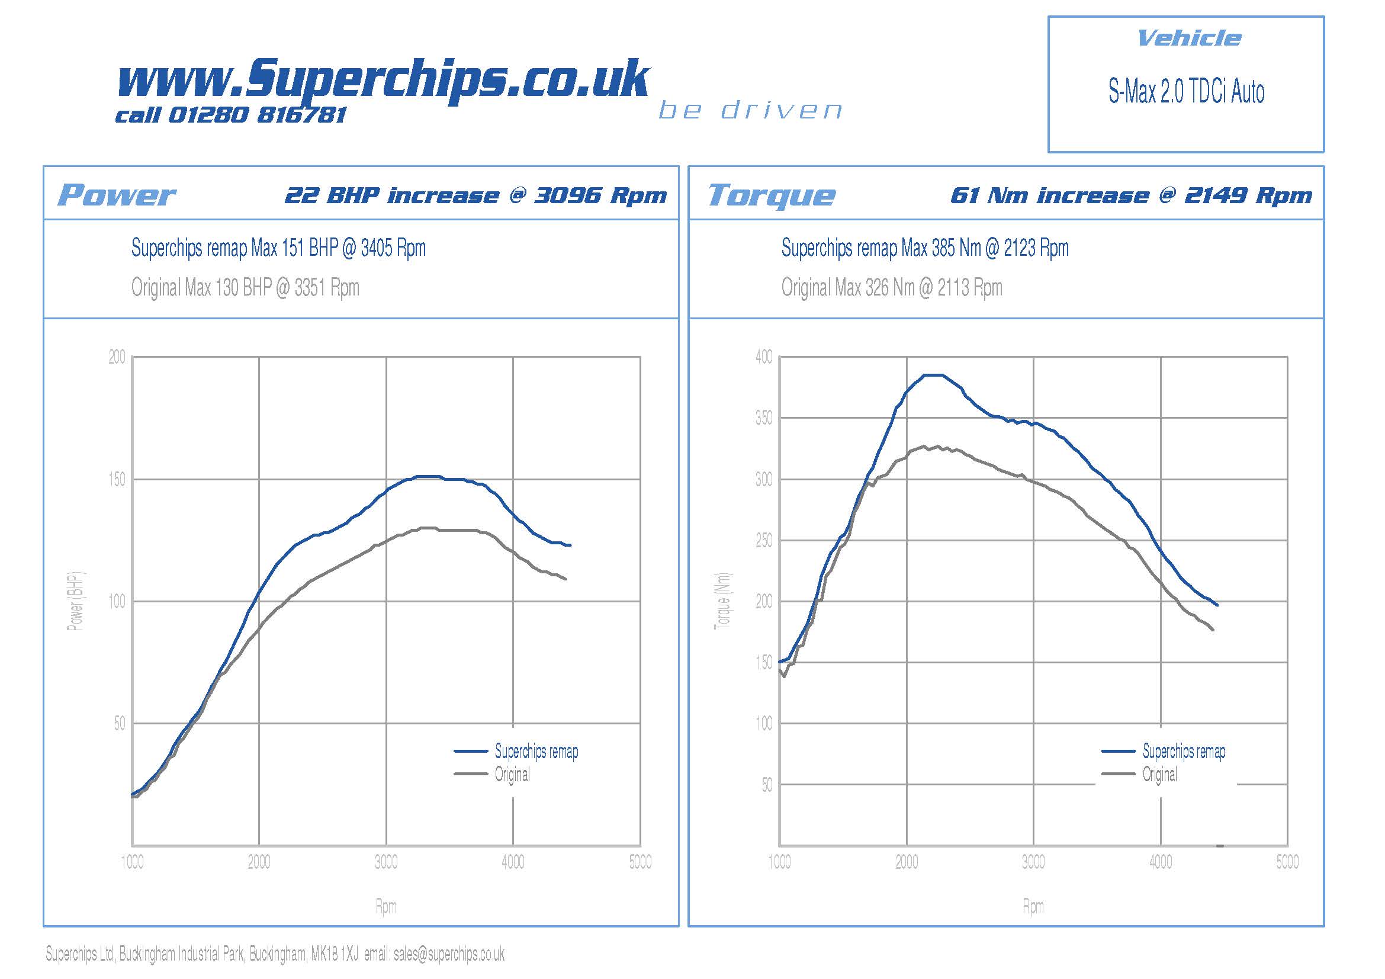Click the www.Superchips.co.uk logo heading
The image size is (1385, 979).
pos(383,78)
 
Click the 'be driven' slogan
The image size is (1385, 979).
pos(750,110)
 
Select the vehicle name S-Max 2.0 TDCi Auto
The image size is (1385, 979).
pos(1186,92)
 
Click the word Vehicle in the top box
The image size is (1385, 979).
pos(1188,38)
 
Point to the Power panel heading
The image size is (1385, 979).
pos(117,195)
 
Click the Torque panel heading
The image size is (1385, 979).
pos(772,195)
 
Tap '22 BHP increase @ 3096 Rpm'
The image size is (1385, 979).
pos(475,195)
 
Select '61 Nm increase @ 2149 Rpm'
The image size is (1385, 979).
pos(1130,195)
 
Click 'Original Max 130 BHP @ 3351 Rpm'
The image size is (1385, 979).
pos(245,288)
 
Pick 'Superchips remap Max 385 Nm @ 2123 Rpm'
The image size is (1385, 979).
pos(925,248)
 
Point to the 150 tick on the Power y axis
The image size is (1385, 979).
pos(117,480)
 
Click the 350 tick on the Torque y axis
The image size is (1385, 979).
pos(764,418)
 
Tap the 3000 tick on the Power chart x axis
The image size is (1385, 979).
pos(386,862)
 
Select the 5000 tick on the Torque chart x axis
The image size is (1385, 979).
pos(1287,862)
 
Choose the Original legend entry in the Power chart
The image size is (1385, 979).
pos(512,775)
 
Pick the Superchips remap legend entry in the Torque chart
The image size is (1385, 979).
pos(1184,752)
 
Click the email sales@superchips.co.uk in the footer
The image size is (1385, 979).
pos(449,954)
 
